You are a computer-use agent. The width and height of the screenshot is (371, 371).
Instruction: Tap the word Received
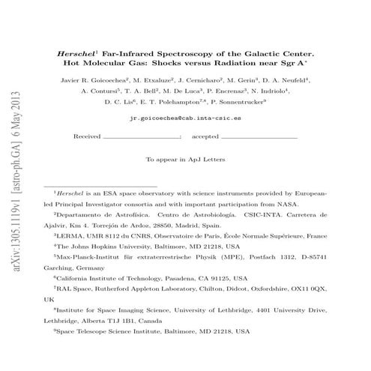click(88, 138)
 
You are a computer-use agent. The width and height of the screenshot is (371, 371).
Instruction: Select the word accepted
click(205, 138)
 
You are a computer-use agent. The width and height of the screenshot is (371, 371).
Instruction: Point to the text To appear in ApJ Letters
click(185, 159)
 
